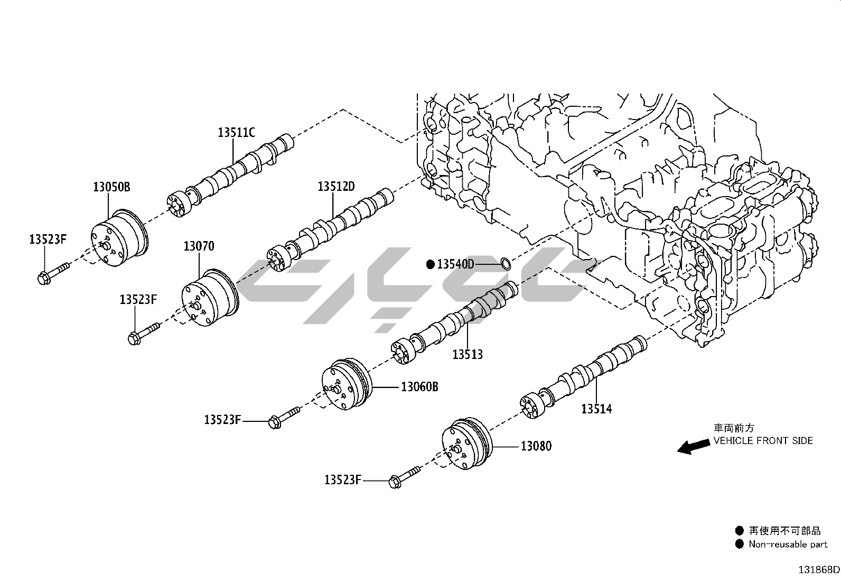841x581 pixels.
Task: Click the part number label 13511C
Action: [236, 132]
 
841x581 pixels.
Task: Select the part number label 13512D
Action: [335, 187]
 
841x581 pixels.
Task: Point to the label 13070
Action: [199, 246]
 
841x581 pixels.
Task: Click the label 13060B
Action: [419, 386]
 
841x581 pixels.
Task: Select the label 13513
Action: [468, 354]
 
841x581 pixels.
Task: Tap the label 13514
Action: [596, 409]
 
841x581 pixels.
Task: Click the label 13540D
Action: [455, 264]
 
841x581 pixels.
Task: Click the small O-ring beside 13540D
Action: [506, 262]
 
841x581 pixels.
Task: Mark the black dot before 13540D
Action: [431, 264]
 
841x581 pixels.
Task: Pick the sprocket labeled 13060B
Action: [347, 385]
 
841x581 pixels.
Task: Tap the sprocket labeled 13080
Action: [466, 444]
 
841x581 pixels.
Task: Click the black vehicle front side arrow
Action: [694, 447]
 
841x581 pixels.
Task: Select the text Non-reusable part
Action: [788, 544]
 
